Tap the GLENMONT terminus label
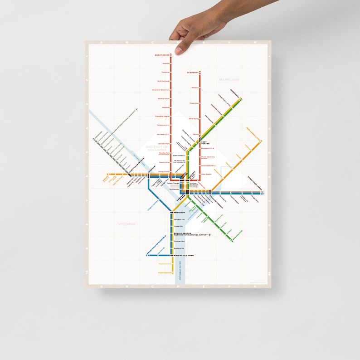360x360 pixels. pos(193,73)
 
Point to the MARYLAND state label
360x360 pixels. pos(229,80)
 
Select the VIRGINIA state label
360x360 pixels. pos(127,224)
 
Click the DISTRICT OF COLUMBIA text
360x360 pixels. pos(157,149)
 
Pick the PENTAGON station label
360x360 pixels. pos(179,212)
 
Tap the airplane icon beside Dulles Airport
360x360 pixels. pos(136,110)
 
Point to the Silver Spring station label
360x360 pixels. pos(194,118)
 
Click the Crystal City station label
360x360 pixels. pos(178,226)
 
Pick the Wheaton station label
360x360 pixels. pos(195,88)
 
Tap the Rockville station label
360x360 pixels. pos(165,63)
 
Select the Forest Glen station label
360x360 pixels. pos(194,103)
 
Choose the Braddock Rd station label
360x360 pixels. pos(179,248)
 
